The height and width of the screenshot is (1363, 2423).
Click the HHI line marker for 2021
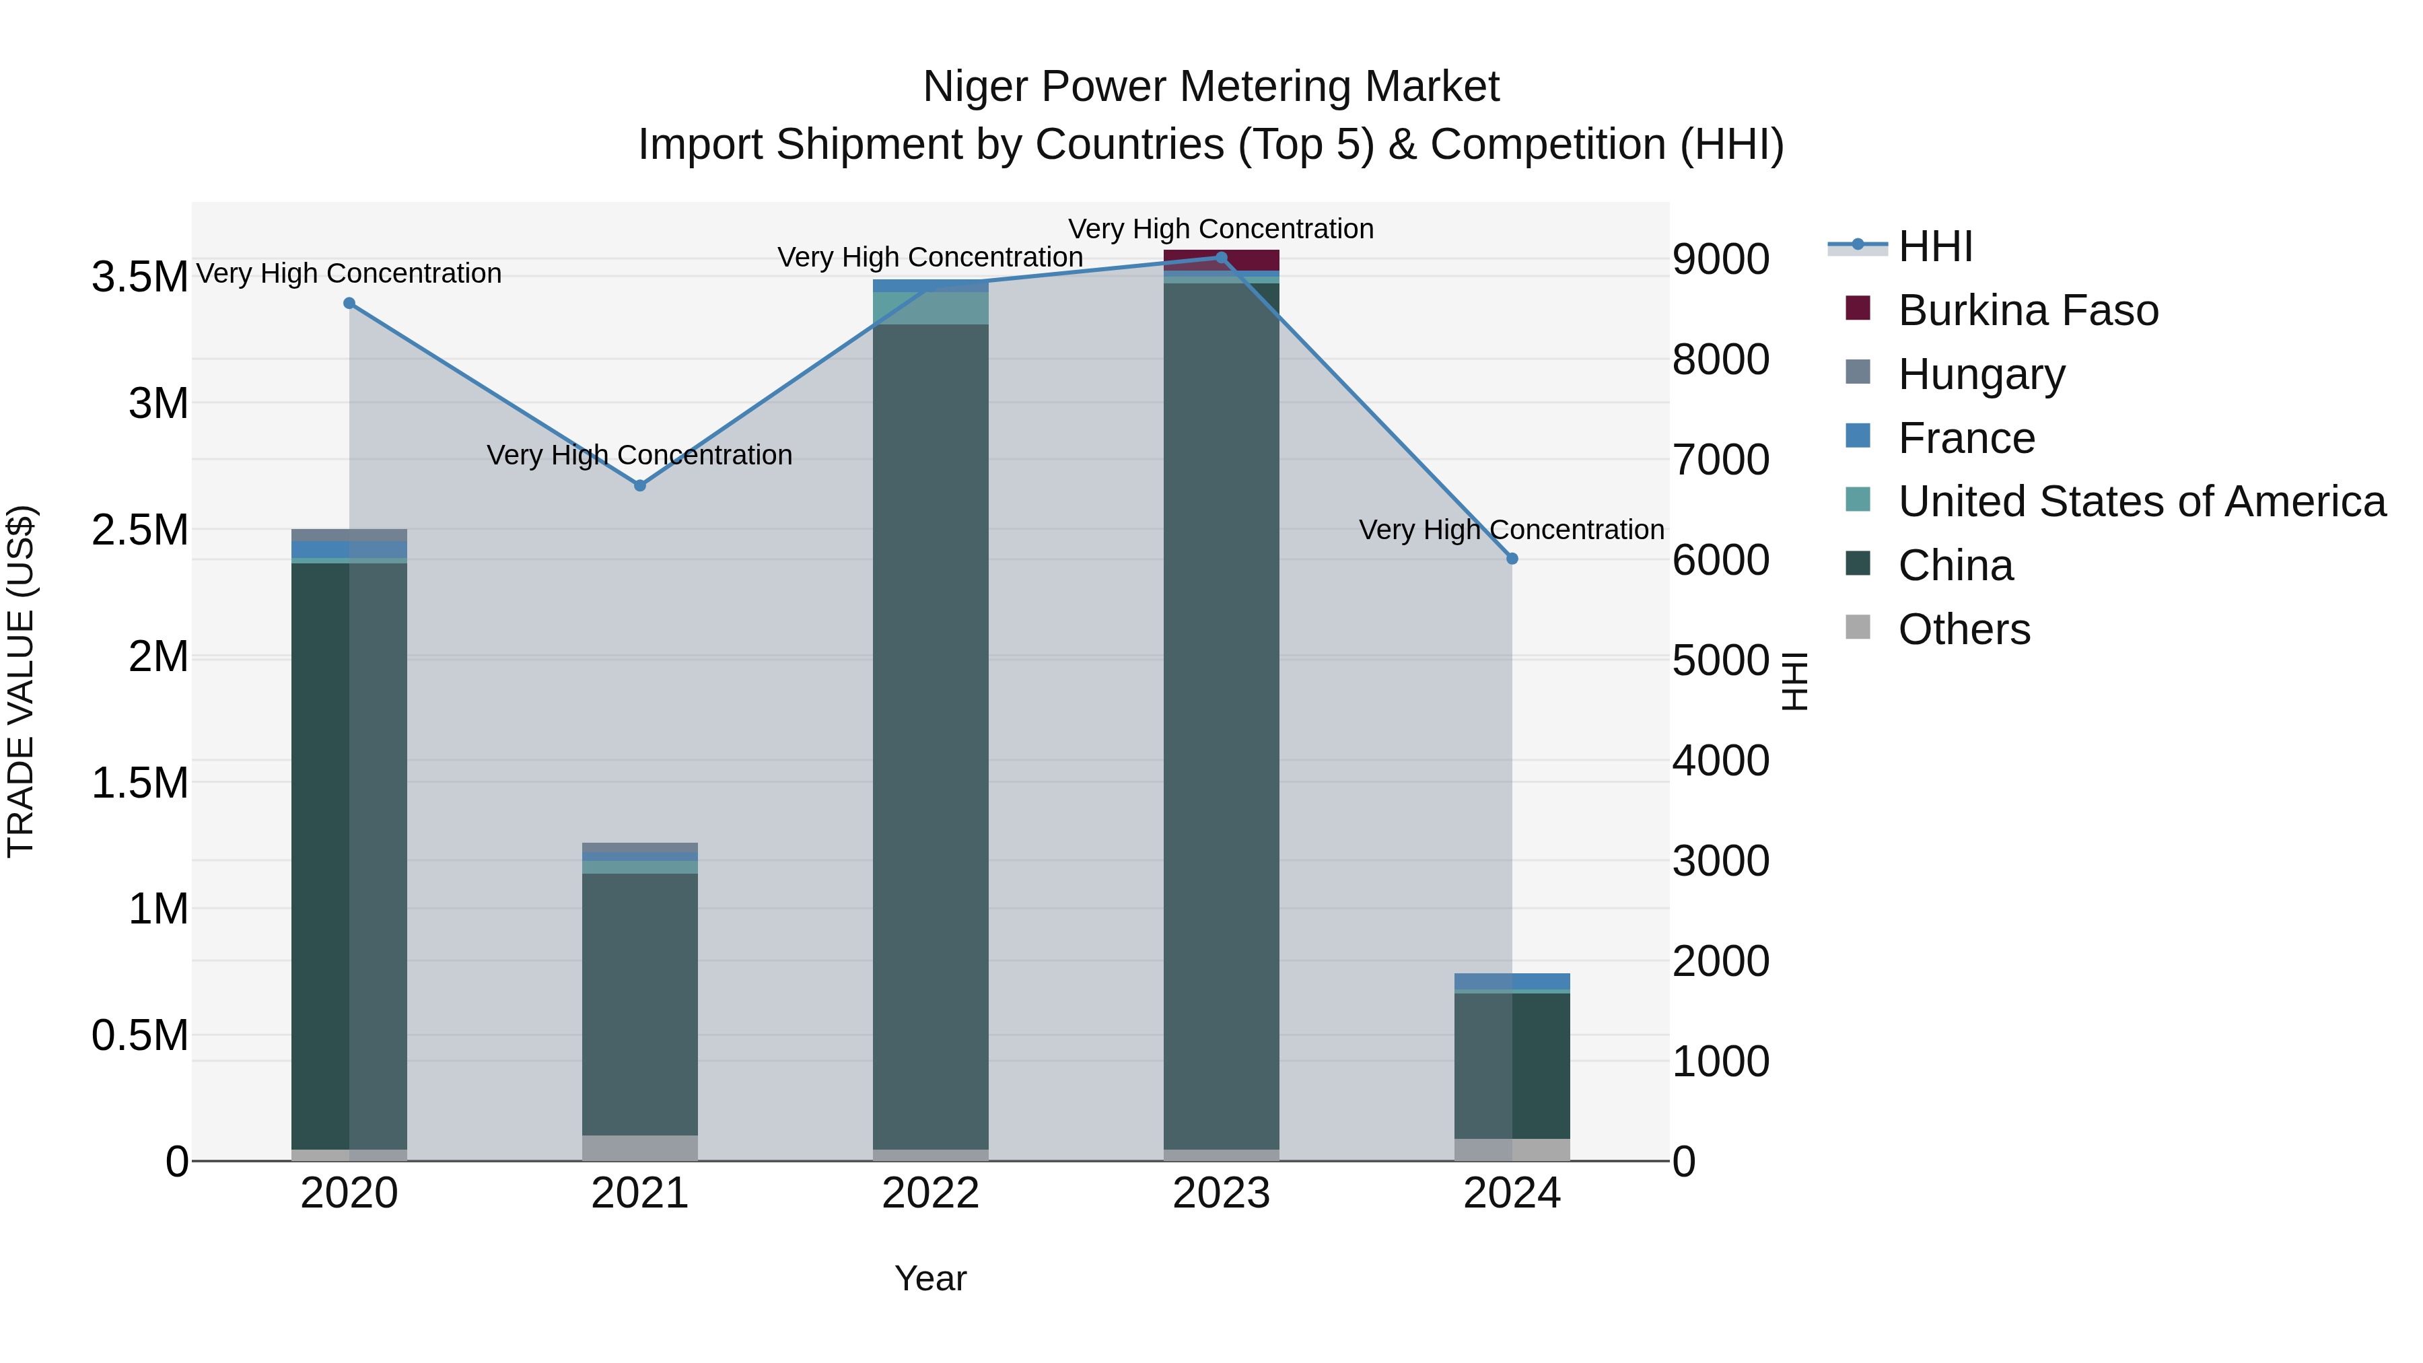tap(639, 485)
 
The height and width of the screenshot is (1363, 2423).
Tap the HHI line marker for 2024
tap(1512, 559)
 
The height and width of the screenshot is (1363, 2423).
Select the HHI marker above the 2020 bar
tap(349, 303)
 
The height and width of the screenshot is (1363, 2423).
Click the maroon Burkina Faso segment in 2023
tap(1221, 260)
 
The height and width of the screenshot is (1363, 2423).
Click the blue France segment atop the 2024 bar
tap(1512, 981)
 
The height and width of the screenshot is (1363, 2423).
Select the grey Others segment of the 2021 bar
tap(639, 1148)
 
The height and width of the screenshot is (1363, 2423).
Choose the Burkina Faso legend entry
tap(2027, 310)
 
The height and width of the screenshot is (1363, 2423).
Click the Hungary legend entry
tap(1981, 374)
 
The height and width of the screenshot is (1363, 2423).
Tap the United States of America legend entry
tap(2141, 501)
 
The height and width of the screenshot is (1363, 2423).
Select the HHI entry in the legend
tap(1935, 246)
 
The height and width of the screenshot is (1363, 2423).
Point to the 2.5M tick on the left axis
tap(140, 530)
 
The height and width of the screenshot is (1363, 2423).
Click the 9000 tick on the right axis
tap(1720, 260)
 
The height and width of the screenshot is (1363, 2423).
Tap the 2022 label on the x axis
tap(930, 1193)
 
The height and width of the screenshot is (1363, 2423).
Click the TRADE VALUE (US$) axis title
tap(21, 681)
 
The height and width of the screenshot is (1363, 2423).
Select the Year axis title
tap(930, 1278)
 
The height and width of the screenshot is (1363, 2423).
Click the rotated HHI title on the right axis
tap(1794, 681)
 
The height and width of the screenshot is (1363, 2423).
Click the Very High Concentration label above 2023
tap(1221, 229)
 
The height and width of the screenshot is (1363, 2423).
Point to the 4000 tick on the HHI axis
tap(1720, 760)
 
